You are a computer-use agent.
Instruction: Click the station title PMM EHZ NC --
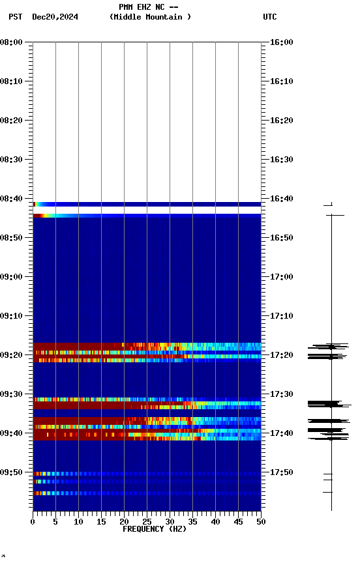149,7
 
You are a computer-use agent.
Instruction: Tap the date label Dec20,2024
55,17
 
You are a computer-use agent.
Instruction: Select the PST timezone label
16,17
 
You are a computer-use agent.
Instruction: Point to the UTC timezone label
269,17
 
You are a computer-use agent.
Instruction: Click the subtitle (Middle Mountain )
151,17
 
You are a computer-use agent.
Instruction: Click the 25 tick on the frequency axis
147,521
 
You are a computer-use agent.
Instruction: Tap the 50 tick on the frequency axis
261,521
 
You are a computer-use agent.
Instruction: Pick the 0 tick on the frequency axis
33,521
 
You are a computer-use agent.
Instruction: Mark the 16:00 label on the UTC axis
282,42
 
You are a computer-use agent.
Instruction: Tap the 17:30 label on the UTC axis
282,394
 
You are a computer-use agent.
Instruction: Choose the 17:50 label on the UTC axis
282,472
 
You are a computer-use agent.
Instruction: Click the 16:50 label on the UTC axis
282,238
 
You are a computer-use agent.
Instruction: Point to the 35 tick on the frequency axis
192,521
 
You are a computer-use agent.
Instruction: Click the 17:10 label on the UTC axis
282,316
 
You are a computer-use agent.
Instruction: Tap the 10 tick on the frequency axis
78,521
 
